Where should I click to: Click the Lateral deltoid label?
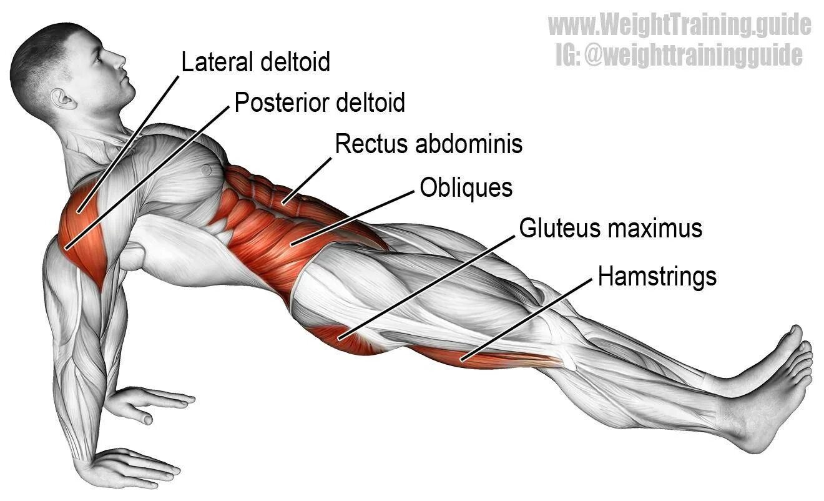(x=255, y=62)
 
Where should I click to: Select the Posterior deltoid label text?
(x=320, y=102)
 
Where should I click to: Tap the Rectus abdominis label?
(x=428, y=144)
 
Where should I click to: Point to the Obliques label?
(x=466, y=187)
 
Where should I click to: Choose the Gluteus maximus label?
(x=611, y=229)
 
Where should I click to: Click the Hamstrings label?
(x=657, y=276)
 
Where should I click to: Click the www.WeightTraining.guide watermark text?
(x=679, y=26)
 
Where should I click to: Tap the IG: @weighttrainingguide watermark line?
(x=679, y=55)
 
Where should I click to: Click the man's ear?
(x=62, y=99)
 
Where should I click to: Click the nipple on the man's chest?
(x=205, y=169)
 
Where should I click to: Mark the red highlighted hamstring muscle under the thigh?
(x=481, y=357)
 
